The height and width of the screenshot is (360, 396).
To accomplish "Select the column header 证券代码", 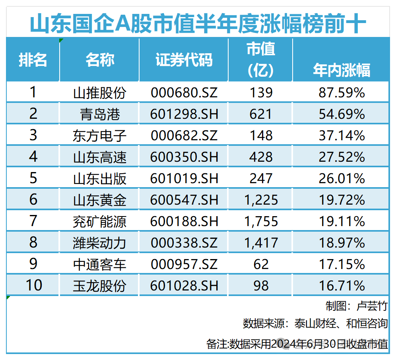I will coord(184,60).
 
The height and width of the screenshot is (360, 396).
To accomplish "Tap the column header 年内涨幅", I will coord(341,70).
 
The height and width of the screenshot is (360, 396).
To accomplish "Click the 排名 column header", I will coord(33,60).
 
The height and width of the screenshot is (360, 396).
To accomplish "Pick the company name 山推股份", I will coord(99,93).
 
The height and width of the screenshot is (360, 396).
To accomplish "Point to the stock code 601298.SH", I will coord(184,114).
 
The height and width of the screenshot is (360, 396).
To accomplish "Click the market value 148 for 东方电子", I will coord(261,135).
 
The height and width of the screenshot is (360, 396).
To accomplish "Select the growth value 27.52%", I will coord(342,157).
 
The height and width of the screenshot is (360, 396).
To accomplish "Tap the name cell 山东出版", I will coord(99,178).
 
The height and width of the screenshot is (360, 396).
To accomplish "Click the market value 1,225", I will coord(261,200).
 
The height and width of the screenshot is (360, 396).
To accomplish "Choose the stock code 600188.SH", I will coord(184,221).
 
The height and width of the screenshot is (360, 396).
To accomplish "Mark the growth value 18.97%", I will coord(342,243).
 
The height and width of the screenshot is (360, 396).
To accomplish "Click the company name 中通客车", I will coord(99,264).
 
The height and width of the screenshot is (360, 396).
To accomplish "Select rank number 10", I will coord(33,285).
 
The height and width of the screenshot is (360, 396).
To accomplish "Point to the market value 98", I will coord(261,285).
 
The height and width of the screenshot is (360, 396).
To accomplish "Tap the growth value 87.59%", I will coord(342,93).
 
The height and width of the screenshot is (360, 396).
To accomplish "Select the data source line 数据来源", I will coord(315,323).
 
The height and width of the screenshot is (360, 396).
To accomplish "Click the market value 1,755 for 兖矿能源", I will coord(261,221).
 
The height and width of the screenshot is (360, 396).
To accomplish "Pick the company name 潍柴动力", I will coord(99,243).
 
